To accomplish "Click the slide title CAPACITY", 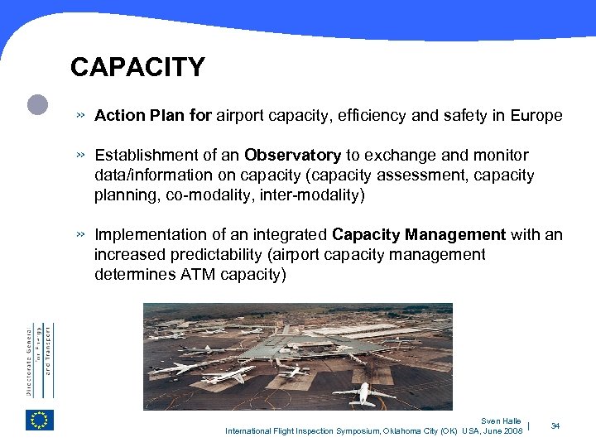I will point(137,67).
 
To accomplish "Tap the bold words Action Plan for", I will point(153,116).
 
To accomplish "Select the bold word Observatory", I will point(293,156).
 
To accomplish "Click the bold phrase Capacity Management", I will point(419,235).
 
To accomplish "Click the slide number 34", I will point(555,425).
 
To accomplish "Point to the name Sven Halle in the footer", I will point(501,421).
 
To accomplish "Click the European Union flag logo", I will point(39,421).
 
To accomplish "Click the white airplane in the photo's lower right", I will point(362,392).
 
